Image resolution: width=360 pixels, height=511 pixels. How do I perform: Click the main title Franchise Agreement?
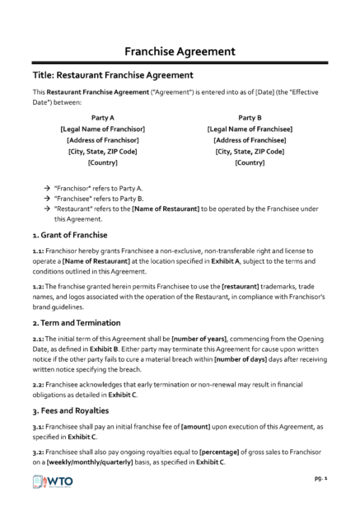click(180, 50)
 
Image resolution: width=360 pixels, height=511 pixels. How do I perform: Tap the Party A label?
click(103, 118)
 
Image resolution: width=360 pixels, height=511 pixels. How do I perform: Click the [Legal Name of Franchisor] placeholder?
click(103, 129)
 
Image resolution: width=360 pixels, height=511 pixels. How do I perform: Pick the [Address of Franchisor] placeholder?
click(103, 140)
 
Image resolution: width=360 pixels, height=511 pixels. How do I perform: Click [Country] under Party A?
click(103, 162)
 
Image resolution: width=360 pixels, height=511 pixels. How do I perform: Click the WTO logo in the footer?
click(54, 482)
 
